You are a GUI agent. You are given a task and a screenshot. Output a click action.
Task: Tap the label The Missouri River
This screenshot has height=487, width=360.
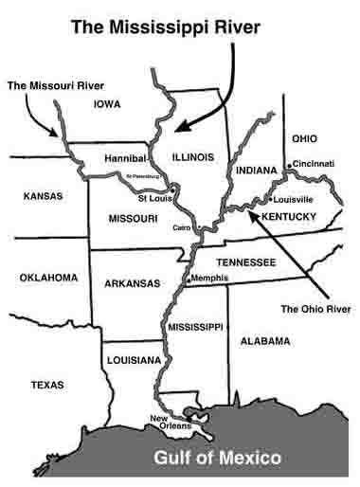point(55,85)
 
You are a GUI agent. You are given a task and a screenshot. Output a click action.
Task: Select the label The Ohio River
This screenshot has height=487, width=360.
point(316,309)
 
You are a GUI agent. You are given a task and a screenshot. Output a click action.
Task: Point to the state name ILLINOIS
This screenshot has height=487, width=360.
point(194,156)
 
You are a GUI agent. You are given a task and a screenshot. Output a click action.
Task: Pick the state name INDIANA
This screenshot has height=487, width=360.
point(253,171)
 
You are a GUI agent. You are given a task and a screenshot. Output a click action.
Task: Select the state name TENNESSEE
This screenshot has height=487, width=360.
point(245,261)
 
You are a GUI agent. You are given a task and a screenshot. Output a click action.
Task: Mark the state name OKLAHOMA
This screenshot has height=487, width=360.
point(47,278)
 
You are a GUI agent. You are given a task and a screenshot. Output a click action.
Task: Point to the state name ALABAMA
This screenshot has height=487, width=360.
point(264,339)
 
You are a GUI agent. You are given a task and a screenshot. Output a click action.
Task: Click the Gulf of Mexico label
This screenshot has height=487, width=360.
point(217,459)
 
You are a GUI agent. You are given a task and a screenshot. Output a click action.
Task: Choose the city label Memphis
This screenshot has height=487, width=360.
point(208,278)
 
